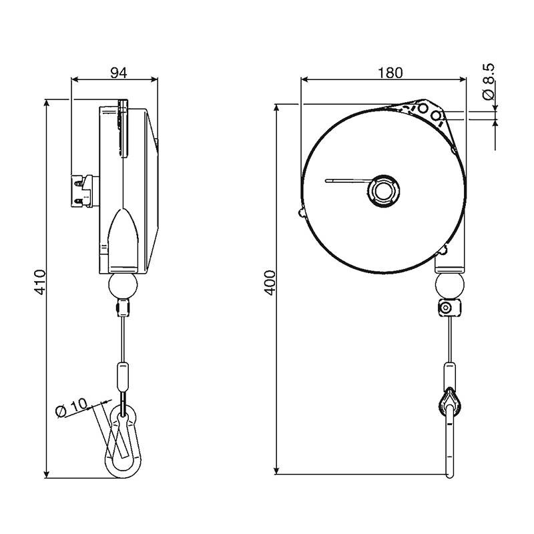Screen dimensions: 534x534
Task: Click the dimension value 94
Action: pos(119,73)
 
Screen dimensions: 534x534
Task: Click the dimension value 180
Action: pos(390,73)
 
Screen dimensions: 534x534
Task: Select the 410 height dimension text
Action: pos(40,282)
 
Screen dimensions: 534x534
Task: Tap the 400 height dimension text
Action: pos(270,282)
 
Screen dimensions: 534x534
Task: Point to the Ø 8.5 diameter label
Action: pos(489,81)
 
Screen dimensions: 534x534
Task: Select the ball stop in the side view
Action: pos(123,286)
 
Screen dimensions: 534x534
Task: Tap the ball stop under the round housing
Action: pos(449,285)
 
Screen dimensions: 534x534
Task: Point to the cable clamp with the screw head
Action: pos(449,308)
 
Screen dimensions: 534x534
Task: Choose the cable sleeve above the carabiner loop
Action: pos(123,377)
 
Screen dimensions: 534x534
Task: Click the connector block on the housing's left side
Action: pos(85,191)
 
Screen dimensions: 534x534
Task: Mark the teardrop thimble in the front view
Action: pos(450,402)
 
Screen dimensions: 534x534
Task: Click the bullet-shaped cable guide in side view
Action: pos(123,241)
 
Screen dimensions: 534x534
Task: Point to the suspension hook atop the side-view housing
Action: pos(123,127)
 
